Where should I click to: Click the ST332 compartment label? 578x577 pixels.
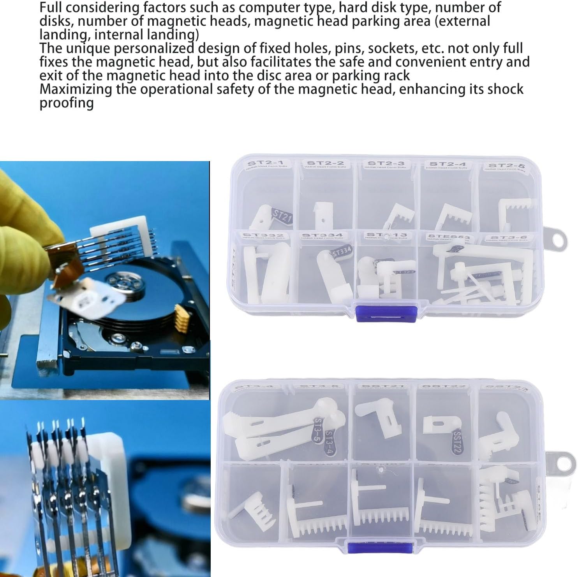coord(263,236)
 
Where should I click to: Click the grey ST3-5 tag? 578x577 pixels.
coord(318,428)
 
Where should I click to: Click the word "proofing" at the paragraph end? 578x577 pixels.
coord(67,103)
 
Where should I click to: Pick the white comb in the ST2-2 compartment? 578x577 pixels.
coord(323,214)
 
